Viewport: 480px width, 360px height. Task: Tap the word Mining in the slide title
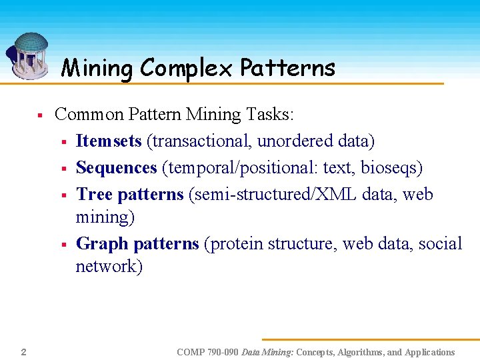pos(97,68)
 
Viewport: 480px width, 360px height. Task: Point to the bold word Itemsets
pos(109,141)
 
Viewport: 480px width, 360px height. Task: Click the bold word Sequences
pos(117,168)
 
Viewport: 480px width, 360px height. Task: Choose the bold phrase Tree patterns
pos(129,195)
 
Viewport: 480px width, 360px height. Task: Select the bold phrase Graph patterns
pos(137,244)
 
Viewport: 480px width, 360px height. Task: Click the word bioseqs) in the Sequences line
pos(391,168)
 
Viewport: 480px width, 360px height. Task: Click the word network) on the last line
pos(109,267)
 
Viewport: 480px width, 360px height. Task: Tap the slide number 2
pos(23,351)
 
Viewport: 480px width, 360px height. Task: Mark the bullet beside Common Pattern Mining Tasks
pos(40,116)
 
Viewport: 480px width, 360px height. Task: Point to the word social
pos(441,244)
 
